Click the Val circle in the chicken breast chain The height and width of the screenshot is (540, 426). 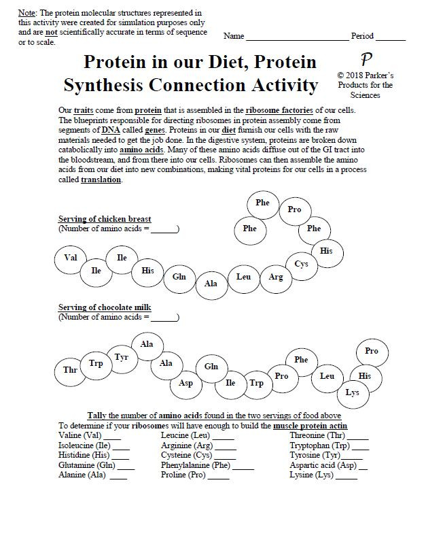coord(71,258)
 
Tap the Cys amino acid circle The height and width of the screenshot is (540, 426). coord(302,264)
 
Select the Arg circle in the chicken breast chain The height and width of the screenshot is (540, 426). coord(276,277)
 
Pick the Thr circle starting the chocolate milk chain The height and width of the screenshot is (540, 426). coord(70,370)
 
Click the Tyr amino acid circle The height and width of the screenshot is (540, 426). coord(122,357)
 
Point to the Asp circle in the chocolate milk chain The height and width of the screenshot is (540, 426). coord(185,383)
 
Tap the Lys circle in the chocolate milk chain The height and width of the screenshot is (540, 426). coord(352,392)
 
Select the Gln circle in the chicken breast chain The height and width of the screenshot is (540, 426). coord(179,277)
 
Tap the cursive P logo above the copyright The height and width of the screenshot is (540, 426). coord(366,60)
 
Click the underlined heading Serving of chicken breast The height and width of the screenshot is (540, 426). coord(105,219)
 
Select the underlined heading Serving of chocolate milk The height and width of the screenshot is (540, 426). coord(105,307)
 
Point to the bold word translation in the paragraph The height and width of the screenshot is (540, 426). coord(101,180)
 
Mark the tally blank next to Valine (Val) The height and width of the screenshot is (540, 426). coord(113,437)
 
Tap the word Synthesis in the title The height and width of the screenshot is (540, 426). coord(114,86)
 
